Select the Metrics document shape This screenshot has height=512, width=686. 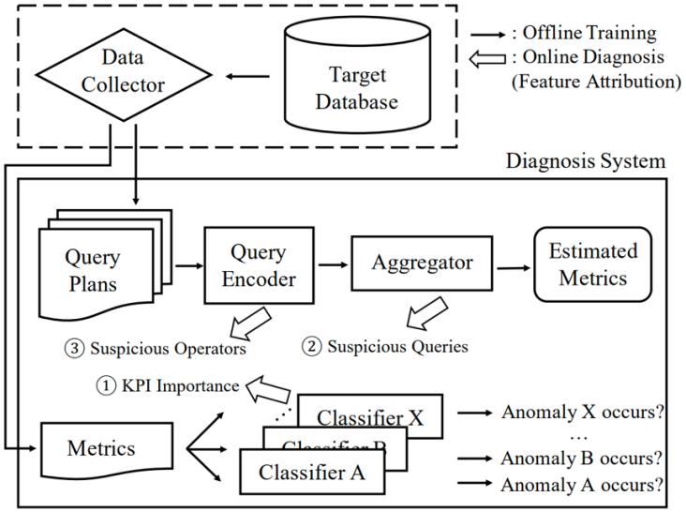coord(100,446)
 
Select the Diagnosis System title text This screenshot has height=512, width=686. coord(586,160)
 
